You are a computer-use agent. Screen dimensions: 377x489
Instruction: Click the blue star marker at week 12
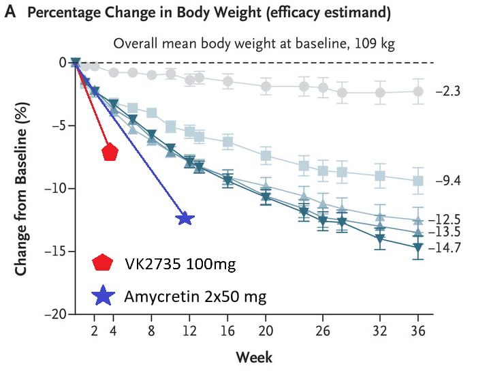[x=185, y=218]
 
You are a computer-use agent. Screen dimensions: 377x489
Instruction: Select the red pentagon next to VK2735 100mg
[x=103, y=263]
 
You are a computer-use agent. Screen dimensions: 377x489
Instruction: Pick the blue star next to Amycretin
[x=103, y=295]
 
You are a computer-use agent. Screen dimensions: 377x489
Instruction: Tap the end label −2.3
[x=447, y=91]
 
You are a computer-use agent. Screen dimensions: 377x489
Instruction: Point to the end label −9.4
[x=447, y=181]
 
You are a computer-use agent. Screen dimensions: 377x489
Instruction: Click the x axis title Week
[x=254, y=357]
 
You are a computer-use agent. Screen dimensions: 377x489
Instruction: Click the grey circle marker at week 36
[x=418, y=91]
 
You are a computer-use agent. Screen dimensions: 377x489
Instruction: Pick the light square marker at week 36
[x=418, y=181]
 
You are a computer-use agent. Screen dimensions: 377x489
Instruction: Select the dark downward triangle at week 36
[x=418, y=247]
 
